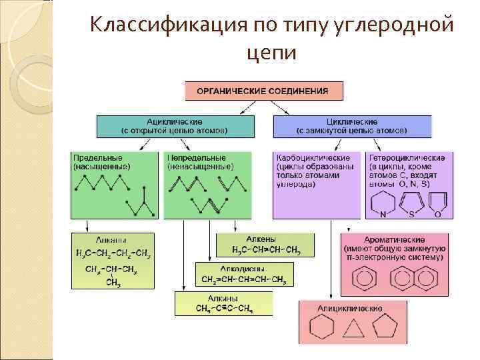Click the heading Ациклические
coord(175,122)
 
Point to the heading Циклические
coord(351,122)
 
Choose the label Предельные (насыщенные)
coord(102,162)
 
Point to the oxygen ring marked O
coord(438,203)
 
